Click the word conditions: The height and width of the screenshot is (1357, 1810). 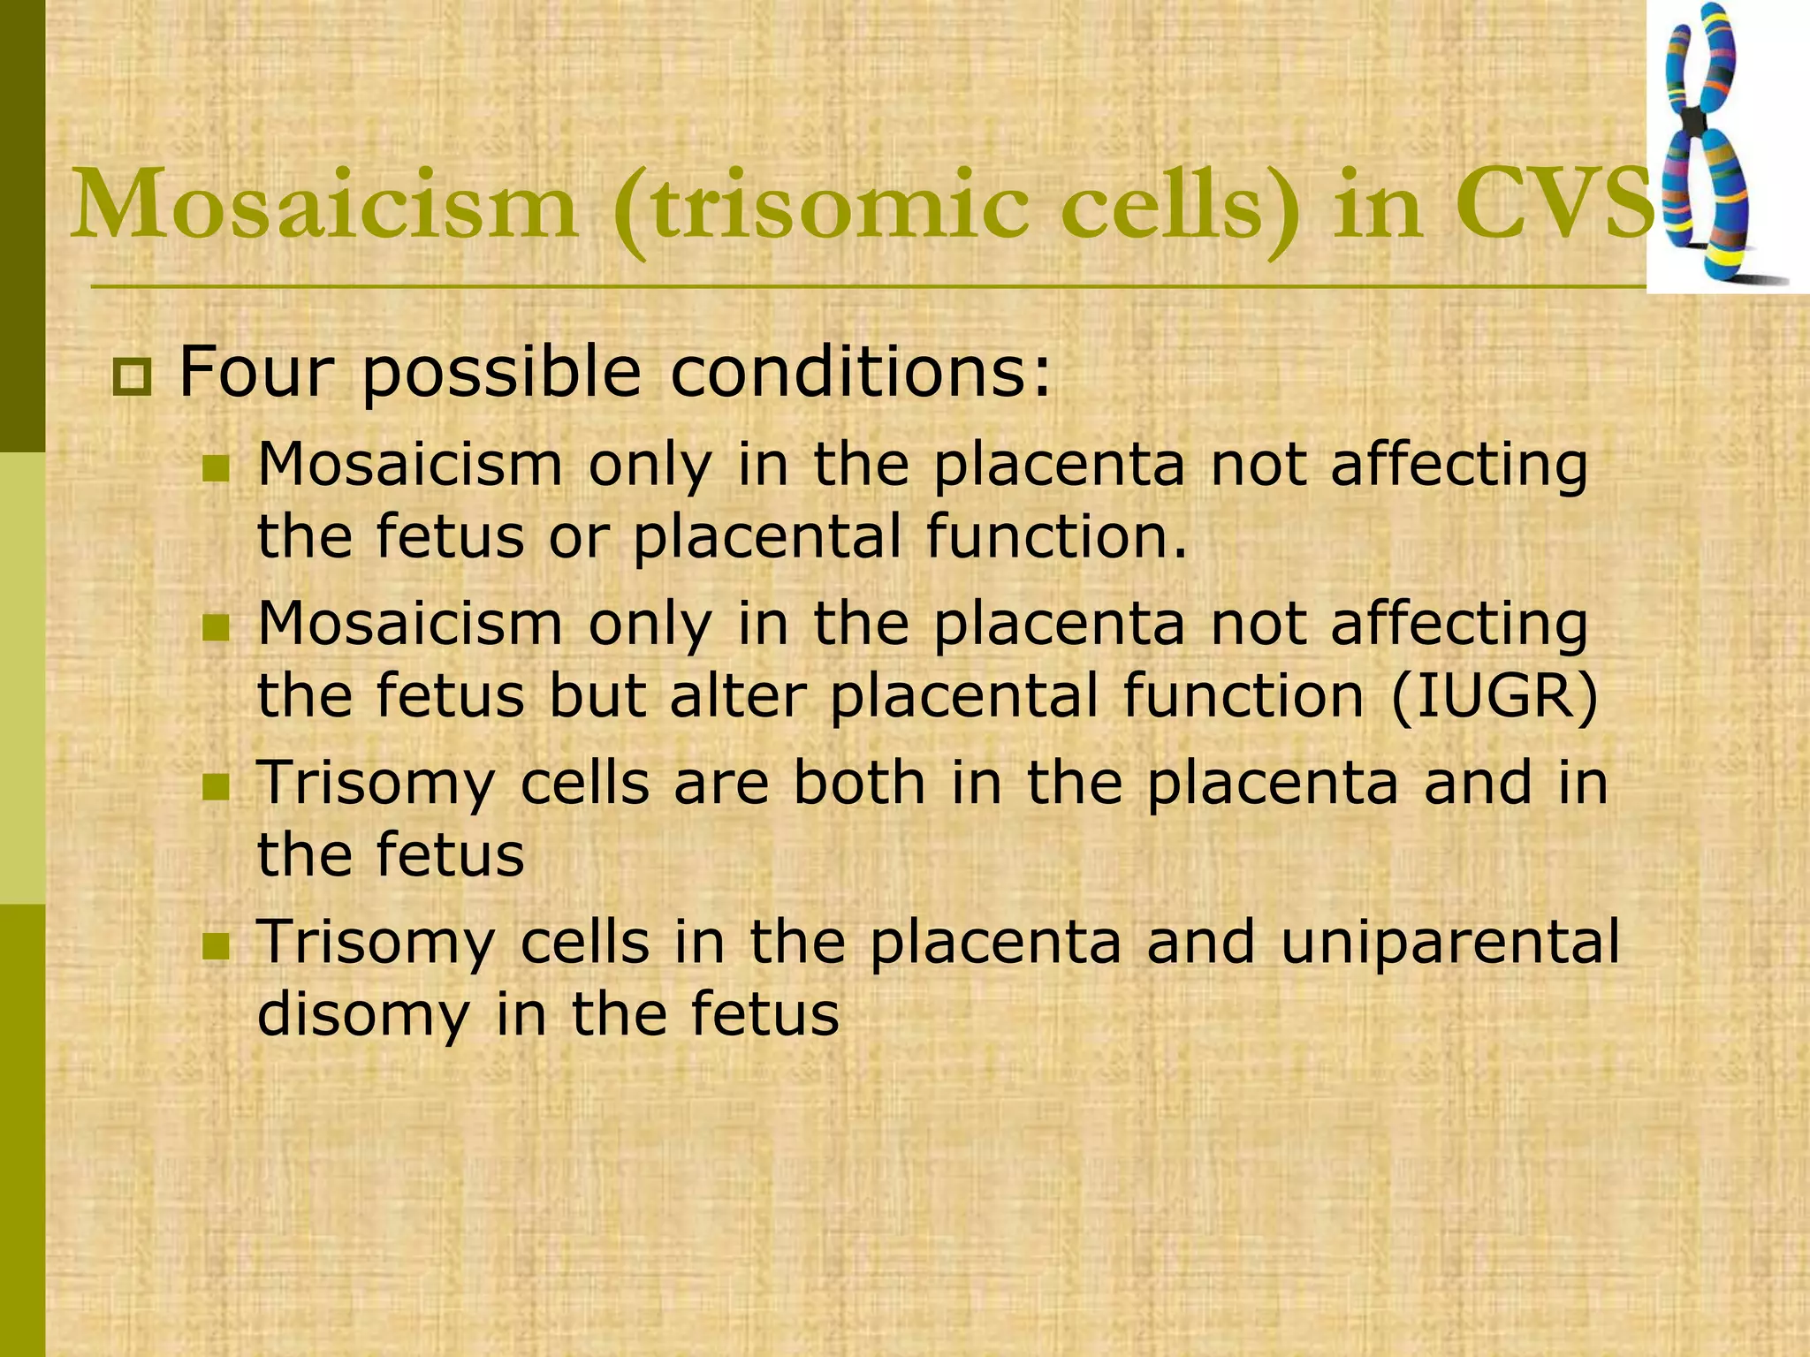861,372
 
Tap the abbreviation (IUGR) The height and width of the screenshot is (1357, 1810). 1494,696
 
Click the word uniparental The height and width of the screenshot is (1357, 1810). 1449,942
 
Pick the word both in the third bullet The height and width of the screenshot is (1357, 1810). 859,784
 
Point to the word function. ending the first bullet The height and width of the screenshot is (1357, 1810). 1057,536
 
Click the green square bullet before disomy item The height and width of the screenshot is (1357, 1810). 216,948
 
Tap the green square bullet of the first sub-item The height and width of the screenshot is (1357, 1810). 216,469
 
